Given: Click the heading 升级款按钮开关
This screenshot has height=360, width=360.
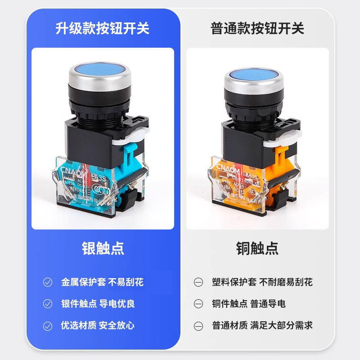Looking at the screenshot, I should click(102, 28).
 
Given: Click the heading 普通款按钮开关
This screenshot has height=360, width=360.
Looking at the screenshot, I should click(257, 28).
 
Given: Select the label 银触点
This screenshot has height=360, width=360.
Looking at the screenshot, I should click(103, 248).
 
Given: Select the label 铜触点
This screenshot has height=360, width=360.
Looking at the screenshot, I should click(257, 248).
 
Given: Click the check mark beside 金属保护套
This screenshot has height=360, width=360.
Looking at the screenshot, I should click(48, 283).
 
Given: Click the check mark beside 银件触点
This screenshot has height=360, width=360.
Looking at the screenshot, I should click(48, 304).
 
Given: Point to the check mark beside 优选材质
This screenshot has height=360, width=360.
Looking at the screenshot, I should click(48, 325).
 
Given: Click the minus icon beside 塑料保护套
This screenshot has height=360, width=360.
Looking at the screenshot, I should click(198, 283).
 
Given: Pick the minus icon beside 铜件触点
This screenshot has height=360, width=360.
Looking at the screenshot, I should click(198, 304).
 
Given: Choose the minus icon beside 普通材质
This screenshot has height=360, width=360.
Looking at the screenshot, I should click(198, 325).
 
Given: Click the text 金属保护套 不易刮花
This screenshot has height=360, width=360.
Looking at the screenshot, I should click(102, 283).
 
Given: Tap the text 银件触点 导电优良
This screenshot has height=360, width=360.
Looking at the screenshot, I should click(98, 304).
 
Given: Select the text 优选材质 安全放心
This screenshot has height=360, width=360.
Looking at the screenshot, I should click(98, 325).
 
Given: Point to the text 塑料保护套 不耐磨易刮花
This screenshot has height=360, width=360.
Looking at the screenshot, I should click(262, 283).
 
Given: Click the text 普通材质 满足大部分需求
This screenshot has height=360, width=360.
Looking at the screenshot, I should click(262, 325).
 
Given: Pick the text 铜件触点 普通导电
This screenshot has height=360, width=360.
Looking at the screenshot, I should click(248, 304).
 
